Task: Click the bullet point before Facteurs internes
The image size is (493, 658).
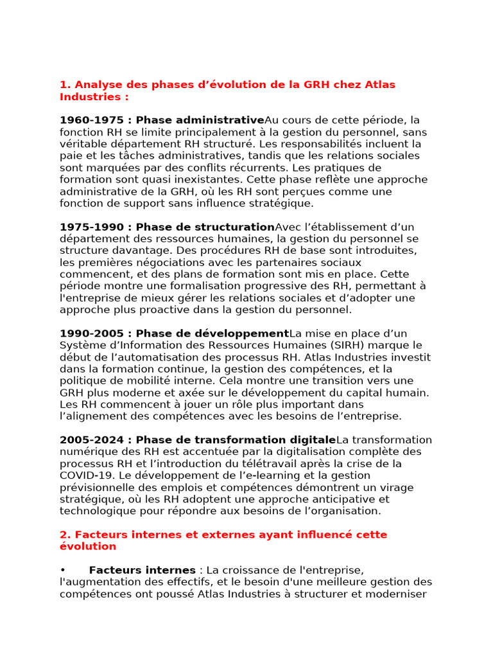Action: point(63,570)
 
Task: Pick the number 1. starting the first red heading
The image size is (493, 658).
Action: point(65,85)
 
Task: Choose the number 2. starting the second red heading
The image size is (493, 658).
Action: point(65,535)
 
